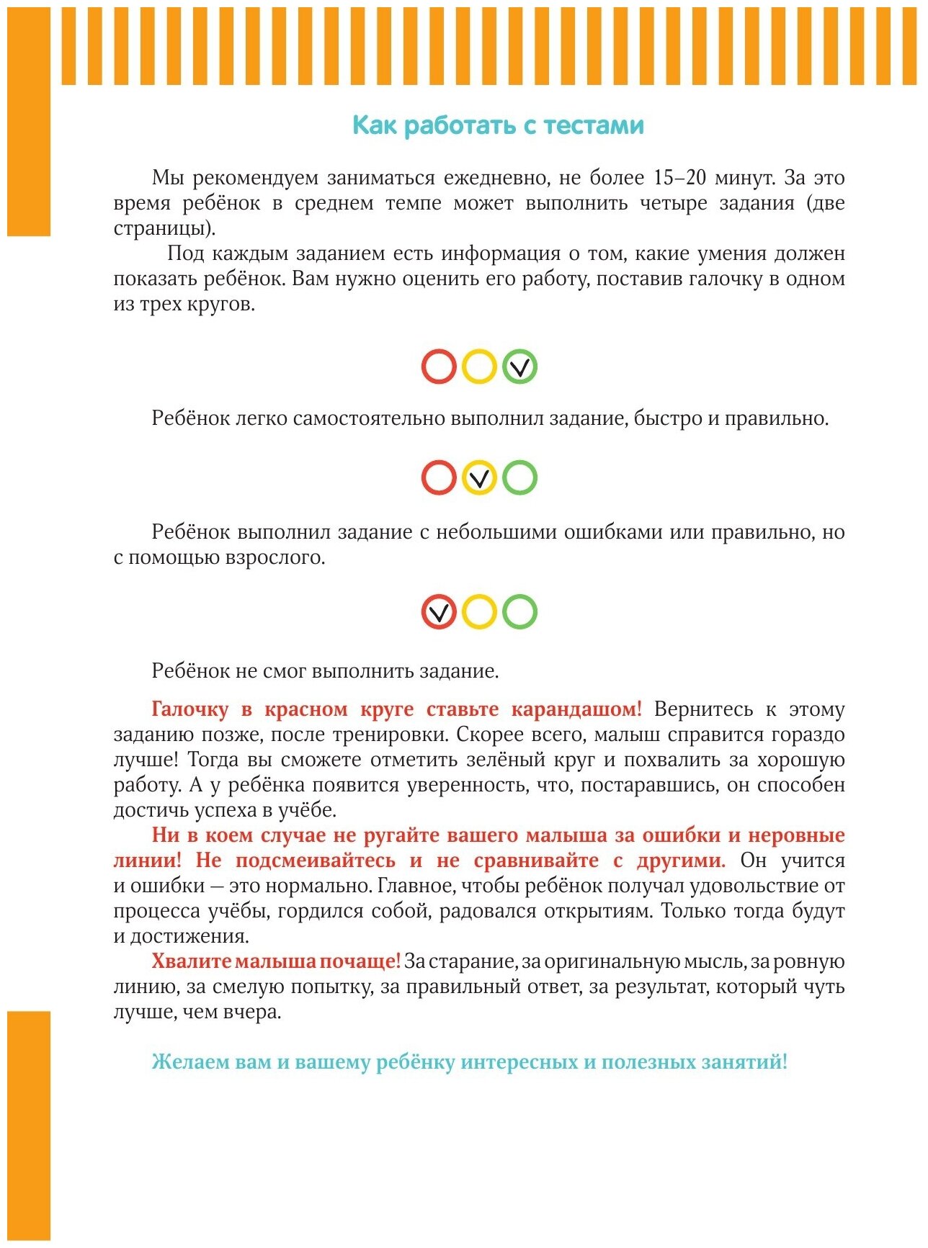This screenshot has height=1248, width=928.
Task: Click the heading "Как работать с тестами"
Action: [x=498, y=125]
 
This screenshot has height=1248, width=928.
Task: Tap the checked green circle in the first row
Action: [x=519, y=367]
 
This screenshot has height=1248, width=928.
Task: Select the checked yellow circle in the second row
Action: [x=479, y=477]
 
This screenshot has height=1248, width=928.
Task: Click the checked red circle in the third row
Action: [x=439, y=612]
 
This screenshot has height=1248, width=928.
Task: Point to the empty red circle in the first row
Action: [x=439, y=367]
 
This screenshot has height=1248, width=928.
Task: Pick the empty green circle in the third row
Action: [x=519, y=612]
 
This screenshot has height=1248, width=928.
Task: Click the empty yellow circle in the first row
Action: [x=479, y=367]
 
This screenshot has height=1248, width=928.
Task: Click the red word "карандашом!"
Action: [x=576, y=709]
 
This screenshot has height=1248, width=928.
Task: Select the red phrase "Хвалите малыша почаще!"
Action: [x=275, y=961]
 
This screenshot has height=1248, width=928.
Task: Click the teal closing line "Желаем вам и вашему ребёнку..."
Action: [x=469, y=1062]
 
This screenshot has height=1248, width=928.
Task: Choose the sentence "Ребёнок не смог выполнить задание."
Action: [x=325, y=671]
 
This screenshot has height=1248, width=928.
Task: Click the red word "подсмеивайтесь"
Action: [x=315, y=861]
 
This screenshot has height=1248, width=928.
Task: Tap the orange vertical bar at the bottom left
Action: [x=29, y=1127]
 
